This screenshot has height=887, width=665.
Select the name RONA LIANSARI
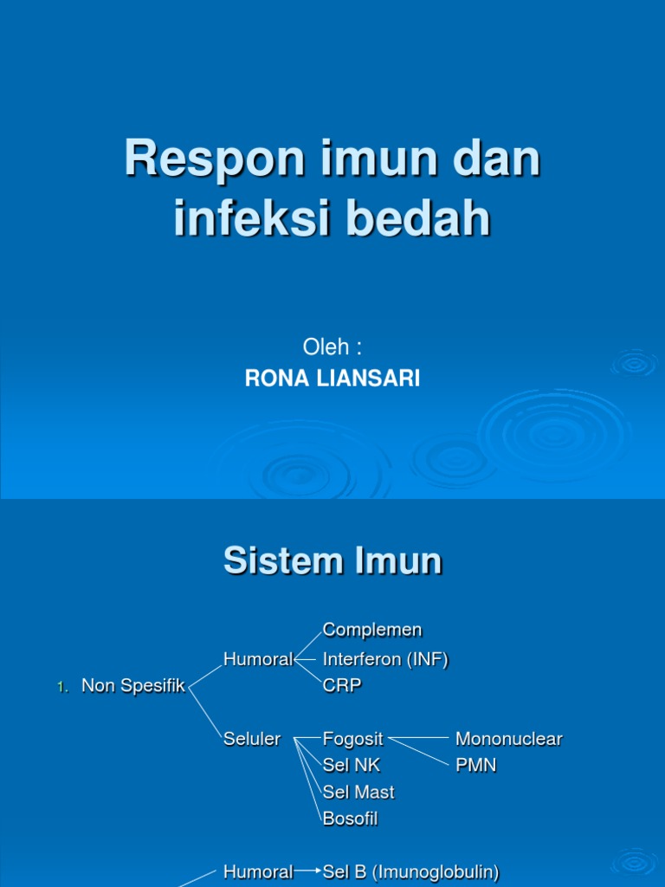332,379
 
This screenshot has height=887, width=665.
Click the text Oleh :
332,347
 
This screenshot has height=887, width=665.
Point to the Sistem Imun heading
332,561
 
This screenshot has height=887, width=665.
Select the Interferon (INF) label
385,659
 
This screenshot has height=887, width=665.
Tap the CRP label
342,685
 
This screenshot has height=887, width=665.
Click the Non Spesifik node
133,686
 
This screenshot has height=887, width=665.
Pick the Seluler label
252,739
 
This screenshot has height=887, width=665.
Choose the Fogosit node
354,739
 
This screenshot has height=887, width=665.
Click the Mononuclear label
508,739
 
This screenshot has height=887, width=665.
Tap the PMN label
475,766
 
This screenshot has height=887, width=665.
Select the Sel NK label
352,766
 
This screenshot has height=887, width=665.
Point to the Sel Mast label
358,792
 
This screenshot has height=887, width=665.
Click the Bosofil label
350,819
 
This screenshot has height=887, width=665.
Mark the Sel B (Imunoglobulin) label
410,872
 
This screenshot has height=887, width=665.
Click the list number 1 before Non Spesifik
61,687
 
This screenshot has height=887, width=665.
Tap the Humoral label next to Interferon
258,659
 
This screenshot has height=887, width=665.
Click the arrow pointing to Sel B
307,872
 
